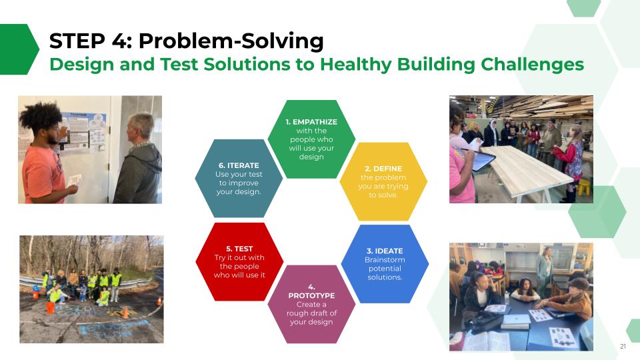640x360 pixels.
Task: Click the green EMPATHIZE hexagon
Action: tap(311, 139)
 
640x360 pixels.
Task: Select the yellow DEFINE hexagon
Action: tap(383, 181)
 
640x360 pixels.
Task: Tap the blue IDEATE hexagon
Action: tap(385, 264)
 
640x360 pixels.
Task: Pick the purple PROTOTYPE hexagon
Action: tap(311, 304)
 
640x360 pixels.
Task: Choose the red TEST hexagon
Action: tap(239, 261)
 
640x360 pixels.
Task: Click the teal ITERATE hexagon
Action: tap(239, 179)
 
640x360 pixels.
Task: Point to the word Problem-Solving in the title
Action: tap(231, 41)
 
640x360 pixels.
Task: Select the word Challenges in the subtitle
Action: tap(532, 65)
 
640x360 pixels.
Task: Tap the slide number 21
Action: tap(623, 346)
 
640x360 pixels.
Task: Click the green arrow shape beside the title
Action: tap(19, 49)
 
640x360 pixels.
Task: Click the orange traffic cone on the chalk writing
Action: tap(126, 312)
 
